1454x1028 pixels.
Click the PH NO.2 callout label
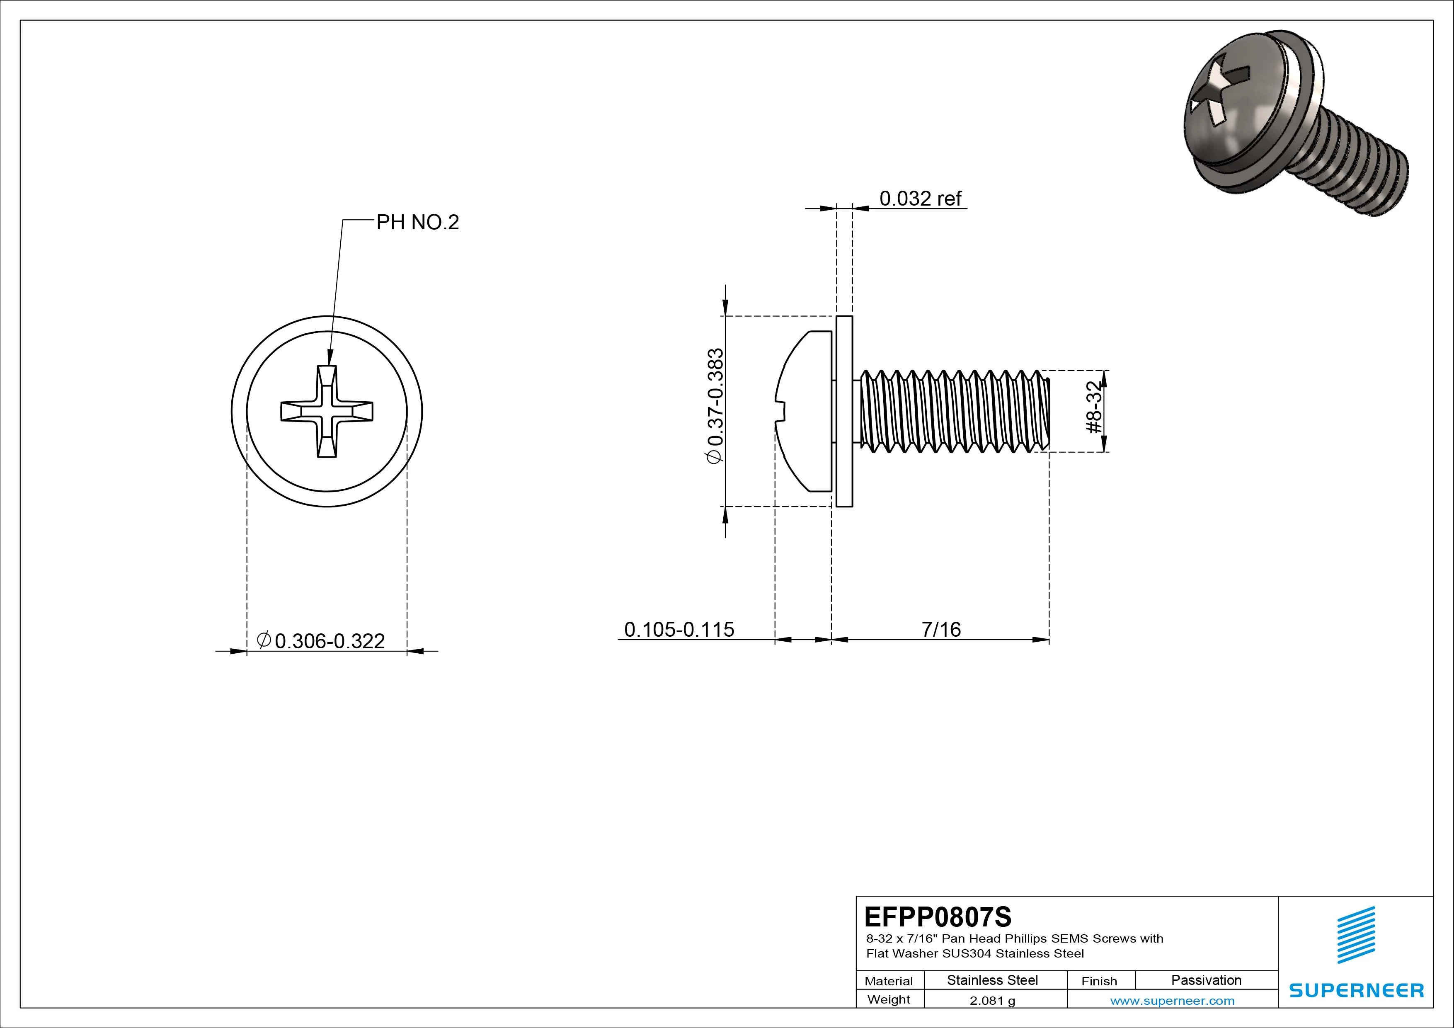[417, 222]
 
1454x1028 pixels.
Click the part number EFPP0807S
[938, 916]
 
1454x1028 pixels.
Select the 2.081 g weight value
[992, 1001]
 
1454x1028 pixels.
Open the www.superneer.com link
[1172, 1001]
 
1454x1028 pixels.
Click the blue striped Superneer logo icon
[1356, 935]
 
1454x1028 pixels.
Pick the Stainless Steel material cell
[992, 980]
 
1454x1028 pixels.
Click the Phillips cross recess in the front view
[327, 411]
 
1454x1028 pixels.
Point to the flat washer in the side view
[844, 411]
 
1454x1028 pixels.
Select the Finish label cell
[1099, 980]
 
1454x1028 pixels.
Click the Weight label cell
[889, 999]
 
